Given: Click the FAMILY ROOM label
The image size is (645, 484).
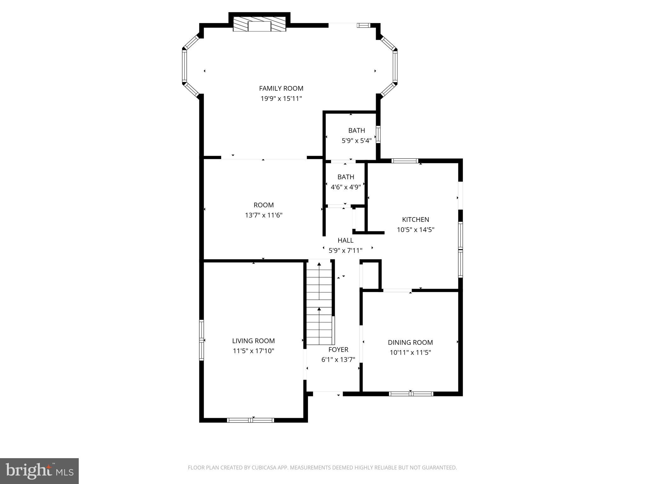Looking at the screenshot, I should (281, 89).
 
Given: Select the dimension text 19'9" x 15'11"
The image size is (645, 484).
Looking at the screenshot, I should (281, 99).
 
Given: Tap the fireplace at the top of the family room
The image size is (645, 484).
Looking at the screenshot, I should (259, 25).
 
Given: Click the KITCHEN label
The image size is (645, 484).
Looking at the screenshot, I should (415, 220).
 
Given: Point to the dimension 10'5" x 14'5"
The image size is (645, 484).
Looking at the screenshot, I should (415, 230).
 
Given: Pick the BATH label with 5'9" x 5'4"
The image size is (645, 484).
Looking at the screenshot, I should (357, 130).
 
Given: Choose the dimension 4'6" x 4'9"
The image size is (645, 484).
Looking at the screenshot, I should (345, 187).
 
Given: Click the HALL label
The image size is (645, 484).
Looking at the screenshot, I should (345, 240).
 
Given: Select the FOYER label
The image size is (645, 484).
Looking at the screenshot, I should (338, 349).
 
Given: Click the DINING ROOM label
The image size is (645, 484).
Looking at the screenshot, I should (410, 343).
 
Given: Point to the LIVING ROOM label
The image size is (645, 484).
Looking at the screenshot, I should (253, 341).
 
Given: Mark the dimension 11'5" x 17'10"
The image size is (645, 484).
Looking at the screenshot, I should (253, 351).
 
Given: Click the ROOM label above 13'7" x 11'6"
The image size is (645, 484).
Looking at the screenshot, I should (264, 205).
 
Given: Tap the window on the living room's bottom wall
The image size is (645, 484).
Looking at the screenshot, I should (250, 420).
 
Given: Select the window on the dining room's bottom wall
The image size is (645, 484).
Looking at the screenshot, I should (411, 394).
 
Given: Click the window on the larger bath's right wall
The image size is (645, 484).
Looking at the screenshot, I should (378, 135).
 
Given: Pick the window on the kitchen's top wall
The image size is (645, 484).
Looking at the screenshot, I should (405, 161).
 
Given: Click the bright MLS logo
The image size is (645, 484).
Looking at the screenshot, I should (39, 471).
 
